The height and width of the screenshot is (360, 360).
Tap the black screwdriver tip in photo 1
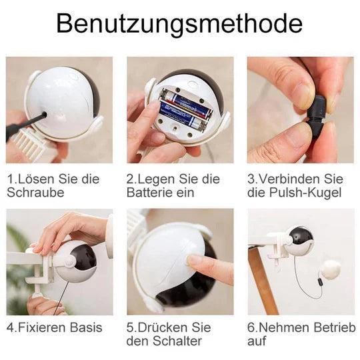pyautogui.click(x=40, y=119)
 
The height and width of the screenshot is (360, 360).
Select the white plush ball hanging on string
pyautogui.click(x=329, y=270)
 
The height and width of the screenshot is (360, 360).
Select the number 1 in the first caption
pyautogui.click(x=11, y=179)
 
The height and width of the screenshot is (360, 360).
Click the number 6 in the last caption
pyautogui.click(x=252, y=327)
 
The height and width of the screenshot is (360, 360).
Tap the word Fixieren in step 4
pyautogui.click(x=39, y=327)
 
